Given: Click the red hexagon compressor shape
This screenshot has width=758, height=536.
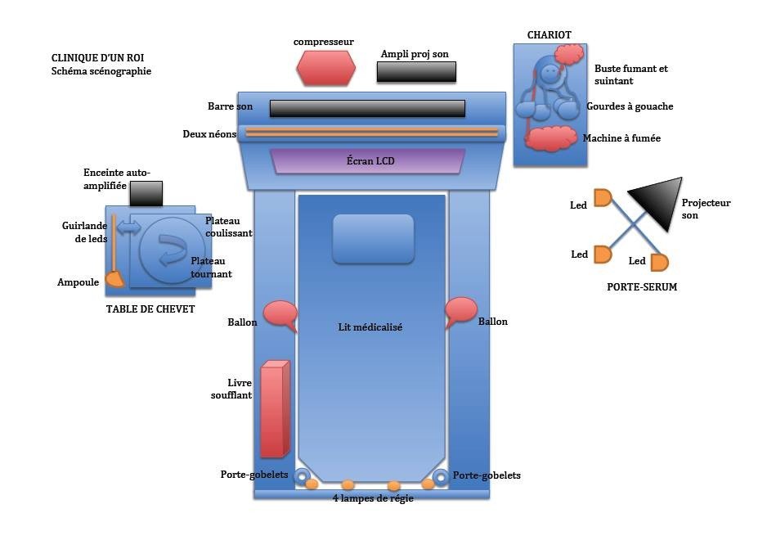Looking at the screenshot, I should point(326,68).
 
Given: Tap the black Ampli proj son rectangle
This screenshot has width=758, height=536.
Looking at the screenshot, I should point(416,72).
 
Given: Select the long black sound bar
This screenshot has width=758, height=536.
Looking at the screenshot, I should point(367,108).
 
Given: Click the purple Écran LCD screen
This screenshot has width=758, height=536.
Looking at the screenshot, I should point(368,161).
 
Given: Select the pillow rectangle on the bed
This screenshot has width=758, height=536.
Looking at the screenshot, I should point(373,238).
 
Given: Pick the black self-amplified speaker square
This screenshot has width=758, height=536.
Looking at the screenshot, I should point(146,194).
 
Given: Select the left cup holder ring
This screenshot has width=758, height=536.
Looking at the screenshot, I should point(302,477).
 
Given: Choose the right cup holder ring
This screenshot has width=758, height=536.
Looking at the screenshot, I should point(441,477).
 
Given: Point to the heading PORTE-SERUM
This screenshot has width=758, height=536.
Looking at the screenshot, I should point(642,287).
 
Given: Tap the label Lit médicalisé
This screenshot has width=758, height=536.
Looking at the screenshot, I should point(370,327).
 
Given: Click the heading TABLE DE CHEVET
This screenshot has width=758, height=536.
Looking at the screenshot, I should point(150,309).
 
